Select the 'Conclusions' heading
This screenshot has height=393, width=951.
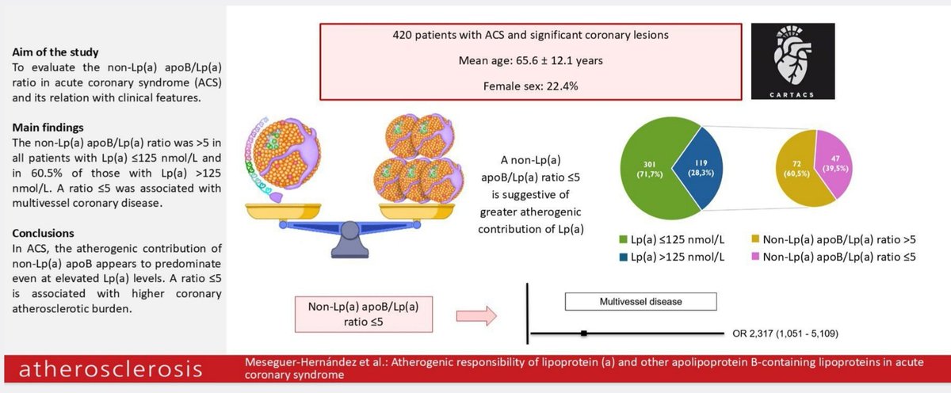tap(44, 234)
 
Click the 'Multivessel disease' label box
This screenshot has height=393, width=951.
tap(640, 301)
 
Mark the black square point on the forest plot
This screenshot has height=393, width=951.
tap(583, 334)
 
